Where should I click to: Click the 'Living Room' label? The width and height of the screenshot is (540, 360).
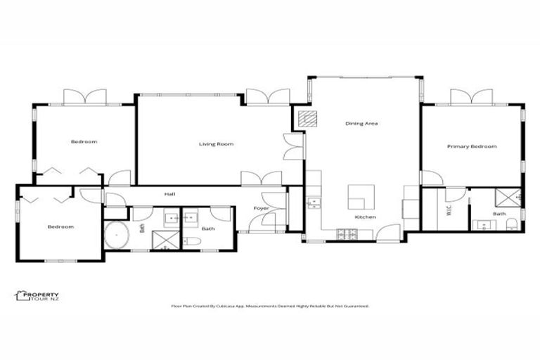(215, 144)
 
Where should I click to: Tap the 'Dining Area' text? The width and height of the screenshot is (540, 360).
(361, 124)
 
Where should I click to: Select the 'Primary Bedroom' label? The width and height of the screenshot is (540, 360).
(472, 146)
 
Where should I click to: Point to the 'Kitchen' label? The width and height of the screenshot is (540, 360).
(365, 217)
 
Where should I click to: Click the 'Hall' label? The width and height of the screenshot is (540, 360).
(169, 194)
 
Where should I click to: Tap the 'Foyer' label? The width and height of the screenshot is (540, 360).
(262, 208)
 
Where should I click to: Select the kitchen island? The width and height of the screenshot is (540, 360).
(362, 197)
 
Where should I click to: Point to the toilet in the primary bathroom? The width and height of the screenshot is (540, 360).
(512, 224)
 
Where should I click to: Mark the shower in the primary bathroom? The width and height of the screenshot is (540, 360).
(508, 197)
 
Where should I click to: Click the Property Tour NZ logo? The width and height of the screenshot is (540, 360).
(37, 296)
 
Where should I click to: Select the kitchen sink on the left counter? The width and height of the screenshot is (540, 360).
(313, 203)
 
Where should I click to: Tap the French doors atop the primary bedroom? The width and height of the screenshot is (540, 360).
(471, 97)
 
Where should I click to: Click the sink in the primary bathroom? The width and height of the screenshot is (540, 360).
(484, 225)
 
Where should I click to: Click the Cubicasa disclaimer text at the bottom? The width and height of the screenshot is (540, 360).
(270, 307)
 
